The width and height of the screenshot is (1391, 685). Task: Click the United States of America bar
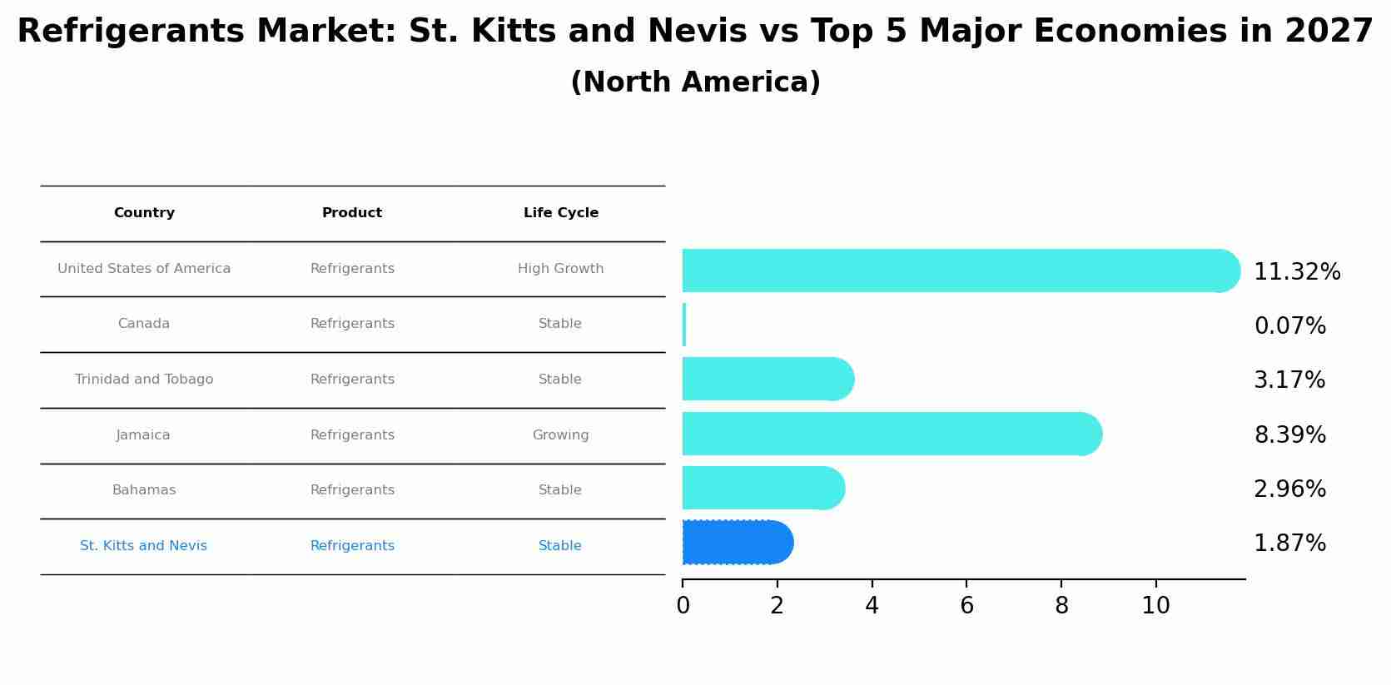[957, 271]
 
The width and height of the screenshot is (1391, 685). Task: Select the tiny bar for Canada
[684, 325]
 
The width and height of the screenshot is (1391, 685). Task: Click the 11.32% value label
[1296, 272]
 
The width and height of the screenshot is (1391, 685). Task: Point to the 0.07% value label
[1289, 326]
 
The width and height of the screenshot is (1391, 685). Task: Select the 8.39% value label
[1289, 435]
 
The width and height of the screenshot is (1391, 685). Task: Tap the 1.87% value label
[1289, 544]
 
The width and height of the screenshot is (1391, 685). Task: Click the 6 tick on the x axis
[966, 606]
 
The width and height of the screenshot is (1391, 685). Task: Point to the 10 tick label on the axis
[1155, 606]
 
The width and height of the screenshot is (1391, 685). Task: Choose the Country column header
[144, 213]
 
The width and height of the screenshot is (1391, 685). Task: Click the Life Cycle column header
[560, 213]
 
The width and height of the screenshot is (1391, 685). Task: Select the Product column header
[352, 213]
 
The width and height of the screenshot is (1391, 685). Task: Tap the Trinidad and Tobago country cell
[144, 380]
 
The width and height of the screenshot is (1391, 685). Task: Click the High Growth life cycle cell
[560, 269]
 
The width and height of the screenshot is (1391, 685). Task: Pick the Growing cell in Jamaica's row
[560, 435]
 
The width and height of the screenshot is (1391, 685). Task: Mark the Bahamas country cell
[144, 490]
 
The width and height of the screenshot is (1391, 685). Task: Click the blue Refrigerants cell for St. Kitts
[352, 546]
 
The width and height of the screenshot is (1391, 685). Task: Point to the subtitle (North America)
[695, 82]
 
